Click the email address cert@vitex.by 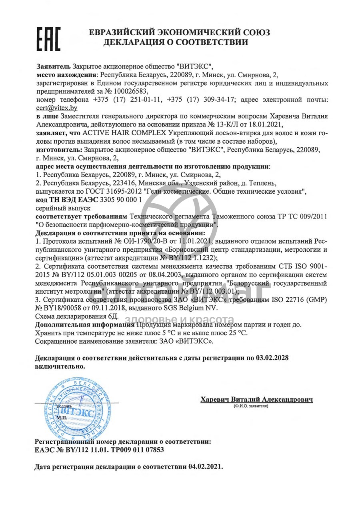click(56, 108)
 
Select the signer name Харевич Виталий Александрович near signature click(256, 399)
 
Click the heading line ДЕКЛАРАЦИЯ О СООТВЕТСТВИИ click(176, 42)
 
